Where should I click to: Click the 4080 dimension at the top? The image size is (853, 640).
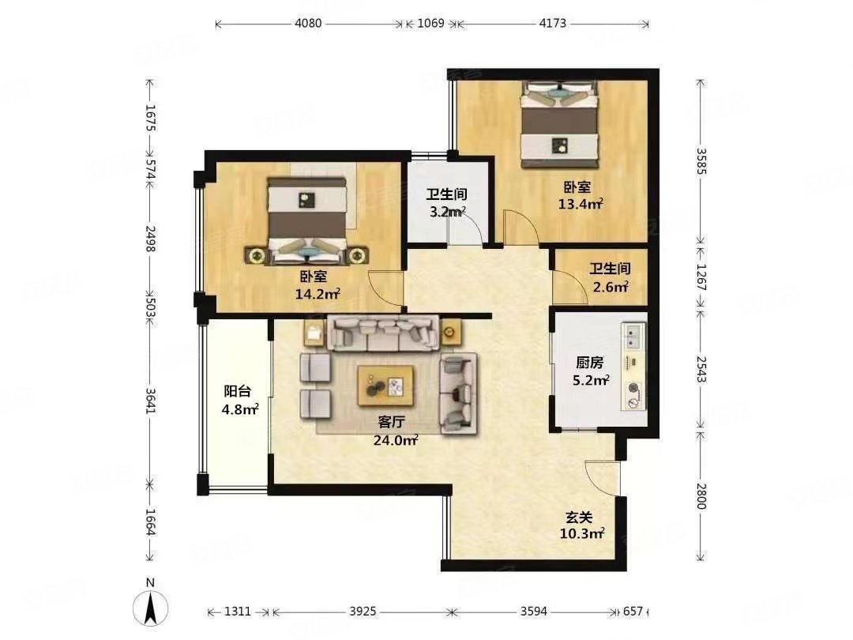click(x=309, y=24)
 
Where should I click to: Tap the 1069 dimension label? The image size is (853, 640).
click(x=431, y=24)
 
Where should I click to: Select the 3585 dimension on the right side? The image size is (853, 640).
click(x=701, y=162)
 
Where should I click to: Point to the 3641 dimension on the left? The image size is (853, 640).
click(x=150, y=401)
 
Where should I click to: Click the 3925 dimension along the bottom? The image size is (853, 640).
click(x=363, y=611)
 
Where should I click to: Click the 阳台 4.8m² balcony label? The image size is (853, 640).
click(x=239, y=400)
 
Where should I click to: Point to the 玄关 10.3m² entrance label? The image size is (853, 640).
click(x=581, y=525)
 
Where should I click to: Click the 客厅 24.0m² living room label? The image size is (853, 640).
click(x=395, y=431)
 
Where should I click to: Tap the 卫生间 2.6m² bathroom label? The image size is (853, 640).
click(x=611, y=277)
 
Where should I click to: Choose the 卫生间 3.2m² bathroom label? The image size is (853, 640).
click(x=446, y=203)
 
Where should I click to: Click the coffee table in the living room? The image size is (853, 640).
click(x=385, y=386)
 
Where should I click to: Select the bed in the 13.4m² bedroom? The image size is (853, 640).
click(x=559, y=124)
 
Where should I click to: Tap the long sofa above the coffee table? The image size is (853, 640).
click(x=383, y=332)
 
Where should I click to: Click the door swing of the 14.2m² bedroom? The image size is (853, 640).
click(x=385, y=289)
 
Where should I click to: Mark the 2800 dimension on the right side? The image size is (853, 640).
click(x=701, y=495)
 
